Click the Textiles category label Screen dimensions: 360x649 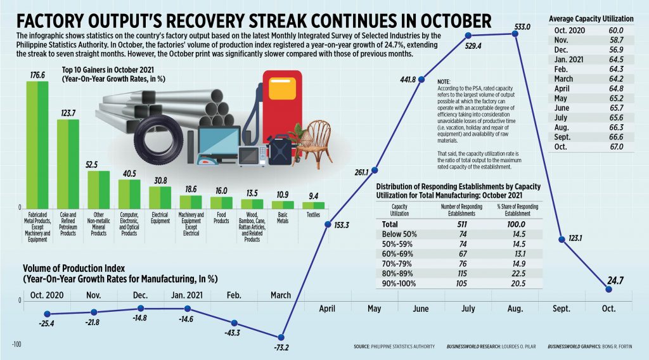pos(313,215)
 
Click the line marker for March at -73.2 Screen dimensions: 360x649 pos(282,337)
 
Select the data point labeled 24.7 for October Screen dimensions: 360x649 pos(608,289)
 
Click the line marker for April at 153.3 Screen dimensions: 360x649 pos(328,224)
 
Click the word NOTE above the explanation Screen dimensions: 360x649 pos(444,82)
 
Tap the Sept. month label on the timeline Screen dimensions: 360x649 pos(562,308)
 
